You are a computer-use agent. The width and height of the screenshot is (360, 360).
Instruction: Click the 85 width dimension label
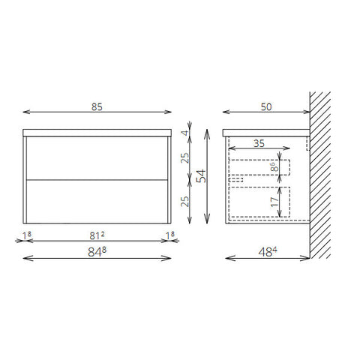click(x=97, y=106)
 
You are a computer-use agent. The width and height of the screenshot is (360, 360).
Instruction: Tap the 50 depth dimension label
click(x=266, y=106)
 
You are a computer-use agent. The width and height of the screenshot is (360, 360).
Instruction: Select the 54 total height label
click(x=202, y=176)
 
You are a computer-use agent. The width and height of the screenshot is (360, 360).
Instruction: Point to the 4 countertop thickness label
click(x=185, y=133)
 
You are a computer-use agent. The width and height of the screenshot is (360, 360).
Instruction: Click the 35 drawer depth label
click(x=259, y=143)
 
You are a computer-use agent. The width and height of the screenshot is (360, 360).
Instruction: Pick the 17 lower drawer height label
click(x=274, y=202)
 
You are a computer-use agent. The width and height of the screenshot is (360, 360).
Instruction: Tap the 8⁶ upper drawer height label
click(x=274, y=166)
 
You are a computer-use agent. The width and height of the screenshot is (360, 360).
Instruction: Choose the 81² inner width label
click(x=97, y=235)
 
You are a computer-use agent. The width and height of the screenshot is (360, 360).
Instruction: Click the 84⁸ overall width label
click(x=97, y=252)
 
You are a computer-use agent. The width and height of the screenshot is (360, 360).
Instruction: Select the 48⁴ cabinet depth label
click(x=268, y=252)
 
